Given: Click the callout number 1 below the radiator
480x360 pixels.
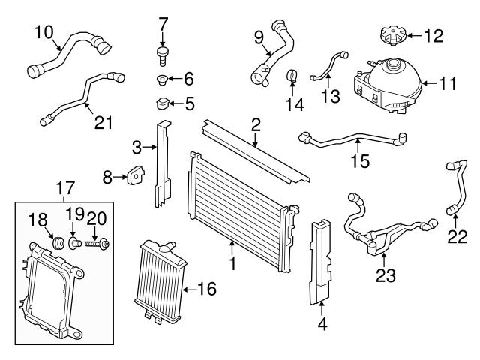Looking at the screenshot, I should tap(232, 264).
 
